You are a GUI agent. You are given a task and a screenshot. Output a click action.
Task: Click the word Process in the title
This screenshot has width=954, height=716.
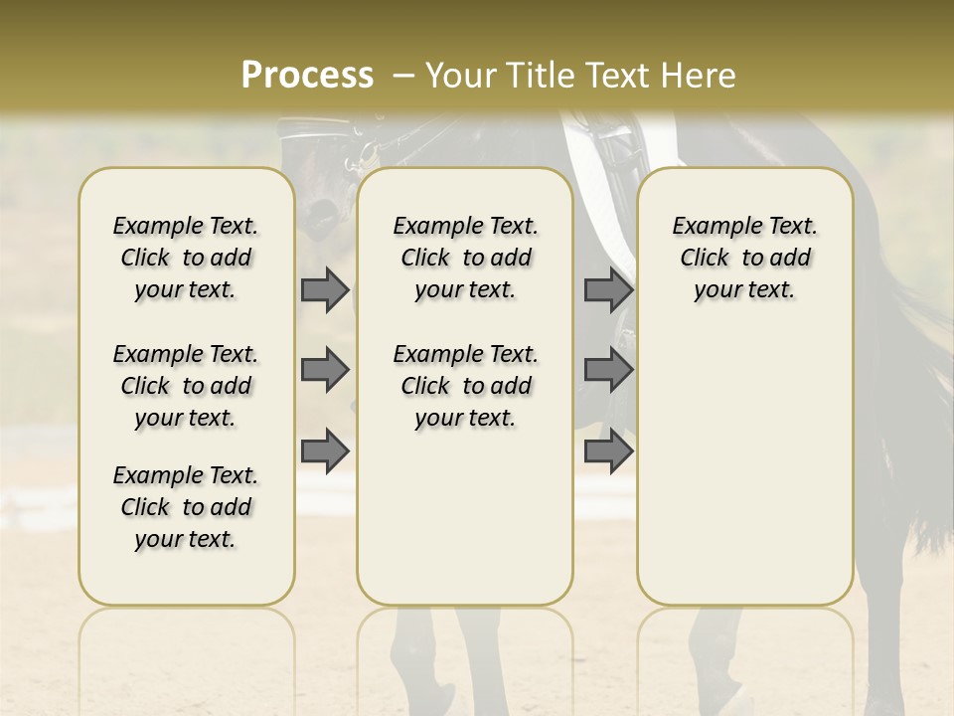(307, 76)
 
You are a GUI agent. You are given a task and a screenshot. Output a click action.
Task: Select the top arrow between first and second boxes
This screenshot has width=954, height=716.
(325, 290)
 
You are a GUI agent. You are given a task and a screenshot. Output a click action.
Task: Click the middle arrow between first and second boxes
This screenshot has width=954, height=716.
(325, 370)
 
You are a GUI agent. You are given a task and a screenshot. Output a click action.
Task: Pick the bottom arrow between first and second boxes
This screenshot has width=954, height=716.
(325, 450)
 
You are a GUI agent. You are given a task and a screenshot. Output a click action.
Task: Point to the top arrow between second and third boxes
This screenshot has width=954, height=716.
(608, 290)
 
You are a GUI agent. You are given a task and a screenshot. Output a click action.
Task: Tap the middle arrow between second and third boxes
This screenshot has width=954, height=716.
(608, 370)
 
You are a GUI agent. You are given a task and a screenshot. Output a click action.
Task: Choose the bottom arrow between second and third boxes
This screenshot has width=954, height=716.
(608, 450)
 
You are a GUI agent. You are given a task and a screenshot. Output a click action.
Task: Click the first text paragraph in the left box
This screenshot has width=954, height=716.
(186, 258)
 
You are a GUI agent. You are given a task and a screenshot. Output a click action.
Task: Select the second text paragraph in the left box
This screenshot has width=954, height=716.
(186, 386)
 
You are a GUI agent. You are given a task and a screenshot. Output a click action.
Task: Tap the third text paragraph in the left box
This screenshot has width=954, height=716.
(186, 507)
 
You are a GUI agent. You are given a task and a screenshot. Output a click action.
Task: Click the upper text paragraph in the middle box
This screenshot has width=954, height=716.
(465, 258)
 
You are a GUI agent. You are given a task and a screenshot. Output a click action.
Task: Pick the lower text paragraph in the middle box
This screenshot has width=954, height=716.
(465, 386)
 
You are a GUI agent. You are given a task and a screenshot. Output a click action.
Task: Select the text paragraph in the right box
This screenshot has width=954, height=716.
(744, 258)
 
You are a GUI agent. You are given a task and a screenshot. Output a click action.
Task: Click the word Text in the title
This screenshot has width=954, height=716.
(620, 76)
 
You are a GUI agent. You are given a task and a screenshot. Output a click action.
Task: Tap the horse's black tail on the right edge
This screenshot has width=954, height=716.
(919, 418)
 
